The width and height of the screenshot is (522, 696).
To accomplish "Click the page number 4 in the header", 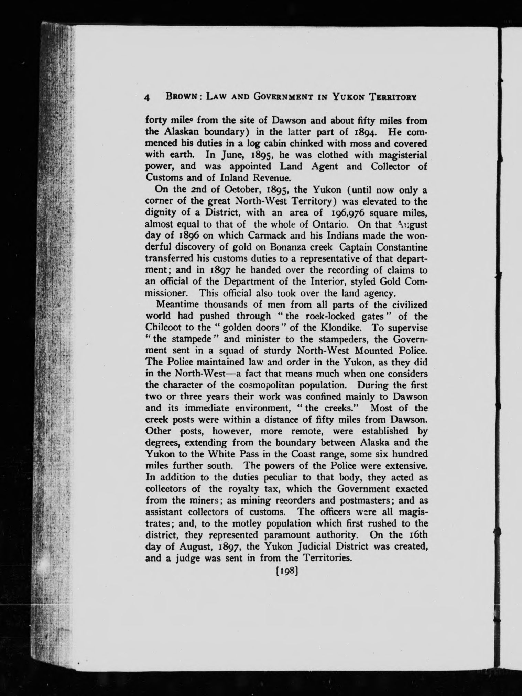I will [147, 98].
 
